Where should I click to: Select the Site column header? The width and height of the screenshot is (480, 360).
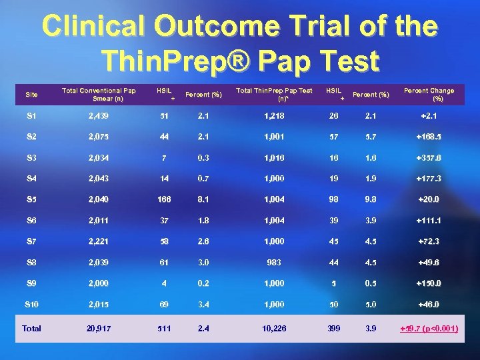coord(31,95)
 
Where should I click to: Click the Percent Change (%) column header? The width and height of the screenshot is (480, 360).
coord(429,94)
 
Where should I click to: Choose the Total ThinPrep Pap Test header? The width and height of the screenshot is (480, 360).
coord(274,94)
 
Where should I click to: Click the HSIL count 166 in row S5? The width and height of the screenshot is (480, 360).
coord(164,199)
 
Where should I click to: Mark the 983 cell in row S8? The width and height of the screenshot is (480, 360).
coord(274,262)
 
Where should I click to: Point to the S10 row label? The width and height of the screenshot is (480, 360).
coord(31,305)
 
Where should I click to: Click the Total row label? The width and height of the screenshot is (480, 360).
coord(31,328)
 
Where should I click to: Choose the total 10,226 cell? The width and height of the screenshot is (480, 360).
coord(274,328)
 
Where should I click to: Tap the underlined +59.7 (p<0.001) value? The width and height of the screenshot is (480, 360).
coord(429,328)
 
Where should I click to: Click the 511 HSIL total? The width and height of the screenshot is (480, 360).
coord(164,328)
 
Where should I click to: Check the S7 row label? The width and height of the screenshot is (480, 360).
coord(31,241)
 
